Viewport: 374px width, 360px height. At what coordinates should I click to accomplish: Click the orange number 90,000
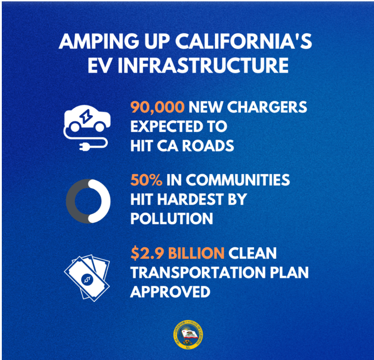pos(158,107)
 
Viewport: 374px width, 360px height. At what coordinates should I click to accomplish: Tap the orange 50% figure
pos(146,180)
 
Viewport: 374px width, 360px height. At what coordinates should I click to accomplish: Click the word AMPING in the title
pos(99,41)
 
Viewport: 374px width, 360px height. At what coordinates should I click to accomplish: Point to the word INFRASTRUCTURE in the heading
pos(203,65)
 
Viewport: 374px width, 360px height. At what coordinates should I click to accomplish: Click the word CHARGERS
pos(267,107)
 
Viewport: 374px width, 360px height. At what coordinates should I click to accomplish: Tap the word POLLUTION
pos(172,218)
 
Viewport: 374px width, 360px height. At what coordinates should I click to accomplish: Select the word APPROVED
pos(170,292)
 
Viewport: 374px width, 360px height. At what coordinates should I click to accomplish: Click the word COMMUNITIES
pos(238,180)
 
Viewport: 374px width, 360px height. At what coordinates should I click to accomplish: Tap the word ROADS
pos(208,146)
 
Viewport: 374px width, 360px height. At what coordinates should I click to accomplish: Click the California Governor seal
pos(188,335)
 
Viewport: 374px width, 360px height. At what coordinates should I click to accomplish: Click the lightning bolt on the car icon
pos(86,116)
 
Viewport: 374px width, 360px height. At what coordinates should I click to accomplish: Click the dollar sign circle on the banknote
pos(87,279)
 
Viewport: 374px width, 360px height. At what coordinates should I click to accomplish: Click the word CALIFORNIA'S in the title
pos(244,41)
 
